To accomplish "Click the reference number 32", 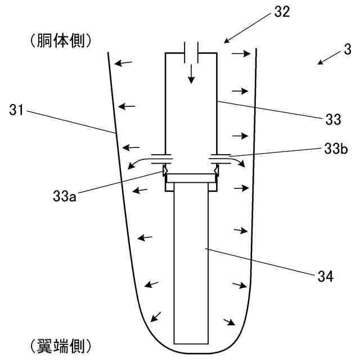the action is click(x=282, y=12).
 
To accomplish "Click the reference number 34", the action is click(x=325, y=277).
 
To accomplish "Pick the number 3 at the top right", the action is click(x=349, y=51).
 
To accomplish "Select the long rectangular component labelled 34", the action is click(x=191, y=264).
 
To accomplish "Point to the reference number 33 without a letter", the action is click(x=333, y=119).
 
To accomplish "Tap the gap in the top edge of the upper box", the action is click(x=191, y=53).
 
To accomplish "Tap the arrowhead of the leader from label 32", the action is click(x=226, y=41).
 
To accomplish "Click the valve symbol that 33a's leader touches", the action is click(x=166, y=169).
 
